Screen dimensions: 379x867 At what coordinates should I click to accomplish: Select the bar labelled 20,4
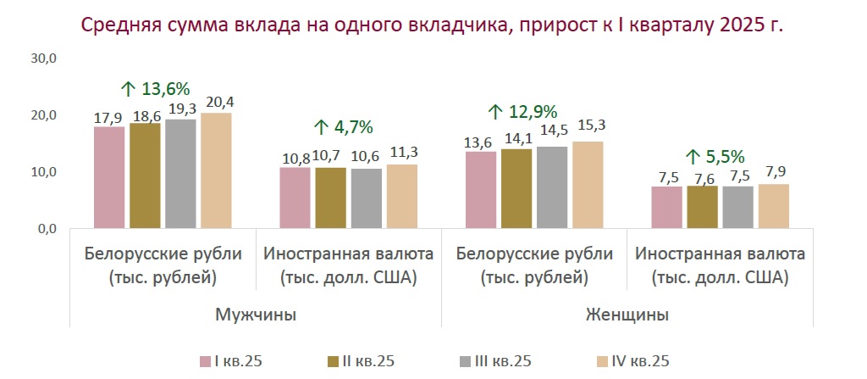pos(217,170)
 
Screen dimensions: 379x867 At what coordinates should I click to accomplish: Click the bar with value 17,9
pos(109,177)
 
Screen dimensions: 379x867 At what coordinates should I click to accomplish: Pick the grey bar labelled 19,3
pos(180,173)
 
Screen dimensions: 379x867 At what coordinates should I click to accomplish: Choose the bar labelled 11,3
pos(402,196)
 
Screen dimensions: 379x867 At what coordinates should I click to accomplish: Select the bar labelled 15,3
pos(588,185)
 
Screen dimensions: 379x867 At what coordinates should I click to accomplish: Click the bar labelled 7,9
pos(773,206)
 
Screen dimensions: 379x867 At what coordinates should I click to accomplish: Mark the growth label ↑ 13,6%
pos(155,89)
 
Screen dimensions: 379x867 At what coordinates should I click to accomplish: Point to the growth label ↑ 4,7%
pos(343,127)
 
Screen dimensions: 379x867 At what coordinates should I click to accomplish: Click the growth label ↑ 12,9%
pos(522,111)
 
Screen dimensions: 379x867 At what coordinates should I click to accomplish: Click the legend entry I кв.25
pos(231,361)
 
